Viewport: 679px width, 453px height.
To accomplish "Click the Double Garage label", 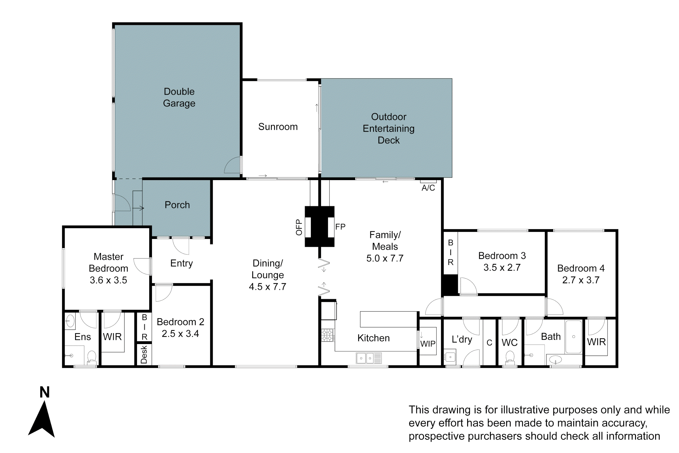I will coord(179,97).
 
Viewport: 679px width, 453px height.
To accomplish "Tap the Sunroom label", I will coord(278,127).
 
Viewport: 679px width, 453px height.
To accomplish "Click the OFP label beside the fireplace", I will coord(299,227).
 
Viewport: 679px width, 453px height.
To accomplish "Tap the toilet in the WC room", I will coord(510,357).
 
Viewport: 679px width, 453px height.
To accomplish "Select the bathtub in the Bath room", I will coord(573,337).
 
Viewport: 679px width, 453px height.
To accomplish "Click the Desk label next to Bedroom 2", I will coord(144,354).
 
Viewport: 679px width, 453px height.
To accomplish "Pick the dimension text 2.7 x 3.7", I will coord(581,280).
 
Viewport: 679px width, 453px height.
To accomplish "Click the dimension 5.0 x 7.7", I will coord(385,258).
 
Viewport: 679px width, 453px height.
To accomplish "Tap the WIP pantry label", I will coord(428,344).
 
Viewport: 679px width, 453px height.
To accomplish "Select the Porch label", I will coord(177,205).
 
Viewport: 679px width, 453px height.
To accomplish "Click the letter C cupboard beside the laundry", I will coord(489,343).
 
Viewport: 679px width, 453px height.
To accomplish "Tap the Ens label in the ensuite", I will coord(83,337).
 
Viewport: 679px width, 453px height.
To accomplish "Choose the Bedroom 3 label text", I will coord(502,256).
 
